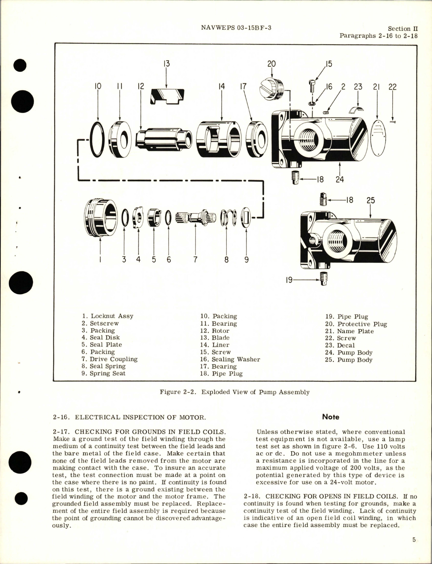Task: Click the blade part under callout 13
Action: point(167,96)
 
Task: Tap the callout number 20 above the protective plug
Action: point(271,64)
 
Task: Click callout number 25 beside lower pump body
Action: point(371,200)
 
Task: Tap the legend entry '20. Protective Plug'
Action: point(356,324)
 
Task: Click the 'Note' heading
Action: point(331,417)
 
